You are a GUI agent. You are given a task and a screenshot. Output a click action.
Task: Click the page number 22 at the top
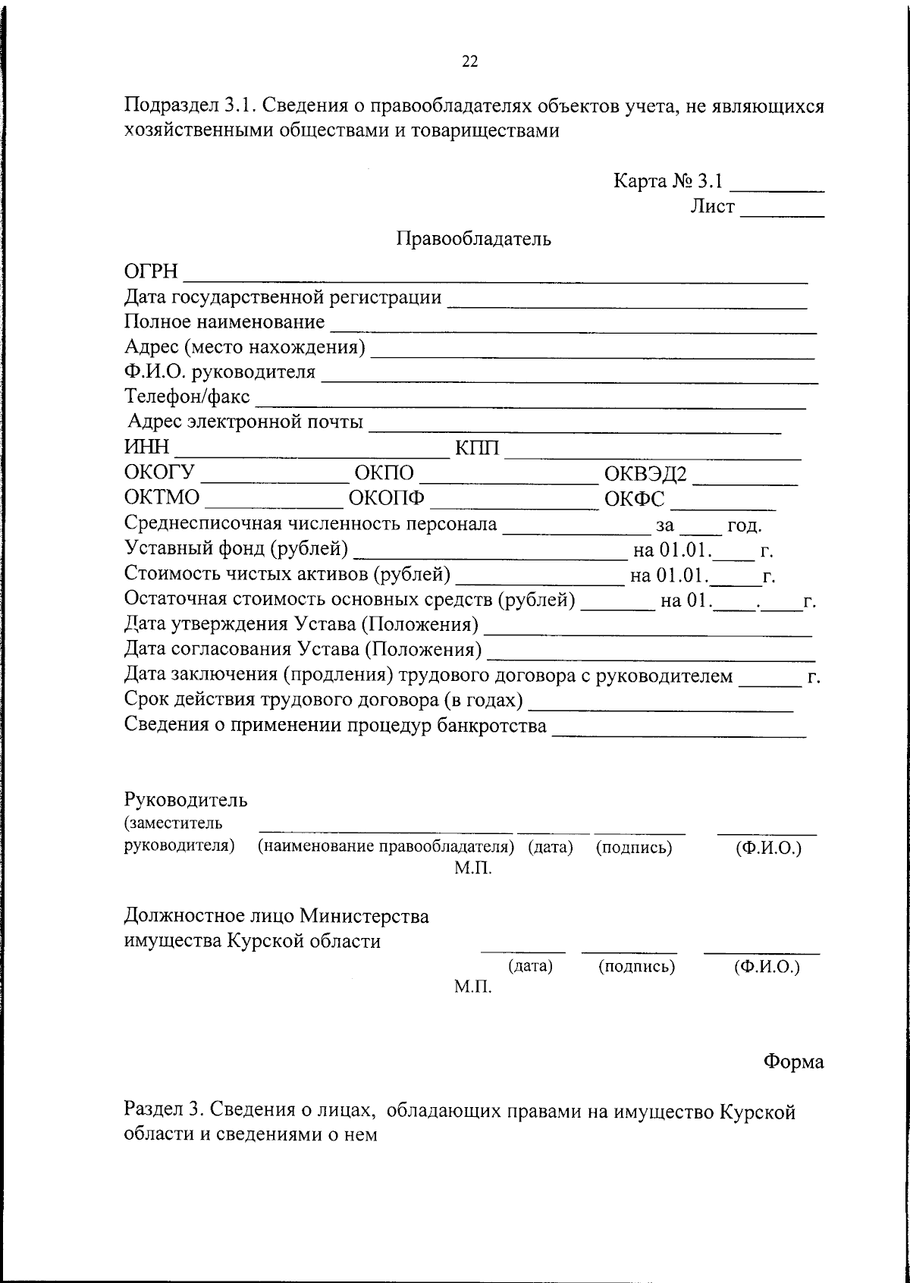pos(470,62)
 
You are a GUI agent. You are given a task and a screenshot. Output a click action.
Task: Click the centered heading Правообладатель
pos(474,240)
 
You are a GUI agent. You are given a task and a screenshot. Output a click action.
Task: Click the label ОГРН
pos(151,271)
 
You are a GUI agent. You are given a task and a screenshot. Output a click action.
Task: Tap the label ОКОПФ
pos(386,499)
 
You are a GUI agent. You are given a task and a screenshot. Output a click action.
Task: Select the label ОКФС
pos(635,500)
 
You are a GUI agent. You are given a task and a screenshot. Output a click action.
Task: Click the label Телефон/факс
pos(187,397)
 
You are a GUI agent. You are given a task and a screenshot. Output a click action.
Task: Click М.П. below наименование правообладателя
pos(473,868)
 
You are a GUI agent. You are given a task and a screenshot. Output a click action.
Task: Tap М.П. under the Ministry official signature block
pos(473,987)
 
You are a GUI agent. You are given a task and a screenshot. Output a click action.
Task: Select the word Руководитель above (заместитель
pos(186,799)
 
